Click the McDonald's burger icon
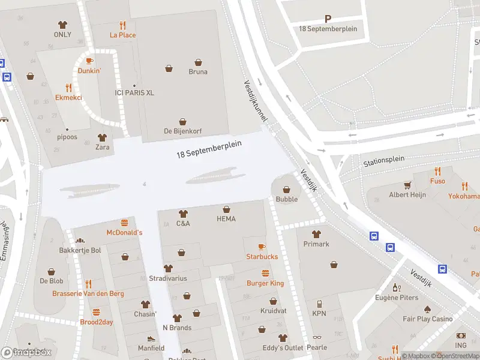(x=125, y=223)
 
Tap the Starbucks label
(x=262, y=257)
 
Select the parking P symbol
(x=328, y=19)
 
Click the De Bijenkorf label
(x=182, y=131)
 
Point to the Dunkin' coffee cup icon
(x=89, y=61)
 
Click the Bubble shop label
(x=286, y=199)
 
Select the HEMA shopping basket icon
(x=226, y=209)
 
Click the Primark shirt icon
(x=316, y=234)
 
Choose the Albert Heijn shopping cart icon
(x=407, y=185)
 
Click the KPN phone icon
(x=319, y=304)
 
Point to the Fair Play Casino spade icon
(x=427, y=310)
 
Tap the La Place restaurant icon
(x=122, y=25)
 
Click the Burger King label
(x=265, y=283)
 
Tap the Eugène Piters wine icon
(x=396, y=288)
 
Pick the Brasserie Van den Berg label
(x=89, y=293)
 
